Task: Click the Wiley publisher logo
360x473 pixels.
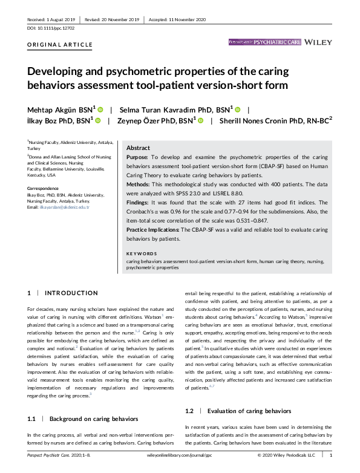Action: (x=319, y=42)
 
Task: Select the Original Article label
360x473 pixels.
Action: (x=60, y=45)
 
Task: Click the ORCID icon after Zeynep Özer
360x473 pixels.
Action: (x=200, y=121)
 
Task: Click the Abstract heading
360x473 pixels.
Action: (x=139, y=148)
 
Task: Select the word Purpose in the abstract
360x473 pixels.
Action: (x=140, y=157)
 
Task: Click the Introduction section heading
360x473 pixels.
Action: (x=71, y=293)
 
